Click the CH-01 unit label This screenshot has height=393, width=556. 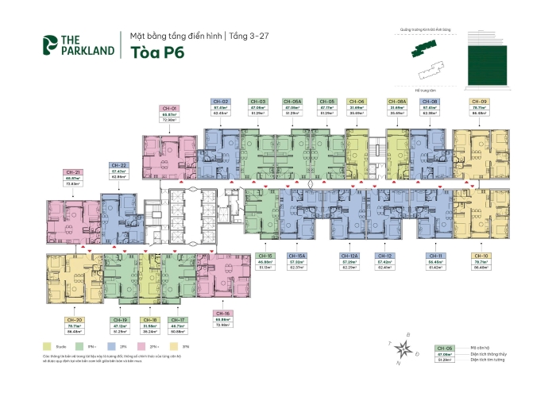[x=168, y=107]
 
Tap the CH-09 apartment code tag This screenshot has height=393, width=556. [x=479, y=102]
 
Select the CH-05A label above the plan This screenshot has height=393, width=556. [x=292, y=102]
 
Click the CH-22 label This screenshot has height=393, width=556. [x=119, y=166]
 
